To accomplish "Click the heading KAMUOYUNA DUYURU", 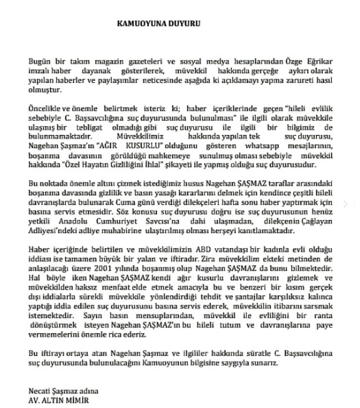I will (158, 24).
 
